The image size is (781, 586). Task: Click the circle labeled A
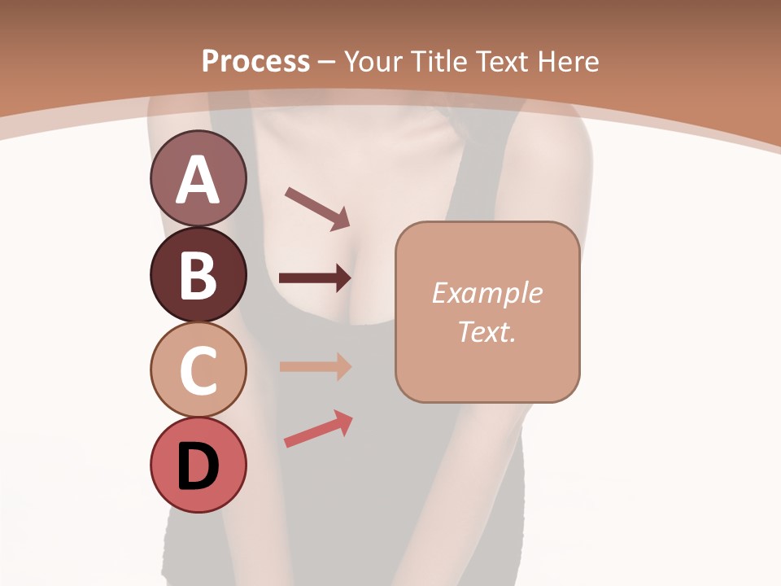pyautogui.click(x=198, y=178)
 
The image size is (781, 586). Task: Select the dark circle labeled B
pyautogui.click(x=198, y=274)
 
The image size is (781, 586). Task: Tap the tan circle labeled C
pyautogui.click(x=198, y=370)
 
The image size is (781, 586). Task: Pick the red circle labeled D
pyautogui.click(x=198, y=466)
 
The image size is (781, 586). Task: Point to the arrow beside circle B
pyautogui.click(x=314, y=278)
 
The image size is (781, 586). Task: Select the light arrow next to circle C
pyautogui.click(x=314, y=366)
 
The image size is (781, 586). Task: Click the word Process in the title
pyautogui.click(x=255, y=61)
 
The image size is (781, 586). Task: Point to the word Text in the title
pyautogui.click(x=502, y=61)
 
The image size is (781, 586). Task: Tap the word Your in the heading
pyautogui.click(x=375, y=61)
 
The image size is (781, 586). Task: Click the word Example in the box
pyautogui.click(x=486, y=293)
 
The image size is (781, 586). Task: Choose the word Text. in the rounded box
pyautogui.click(x=486, y=331)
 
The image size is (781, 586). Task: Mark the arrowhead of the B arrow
pyautogui.click(x=343, y=278)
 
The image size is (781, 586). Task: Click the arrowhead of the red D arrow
pyautogui.click(x=344, y=420)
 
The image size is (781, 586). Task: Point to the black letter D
pyautogui.click(x=198, y=467)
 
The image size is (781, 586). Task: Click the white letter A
pyautogui.click(x=198, y=180)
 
